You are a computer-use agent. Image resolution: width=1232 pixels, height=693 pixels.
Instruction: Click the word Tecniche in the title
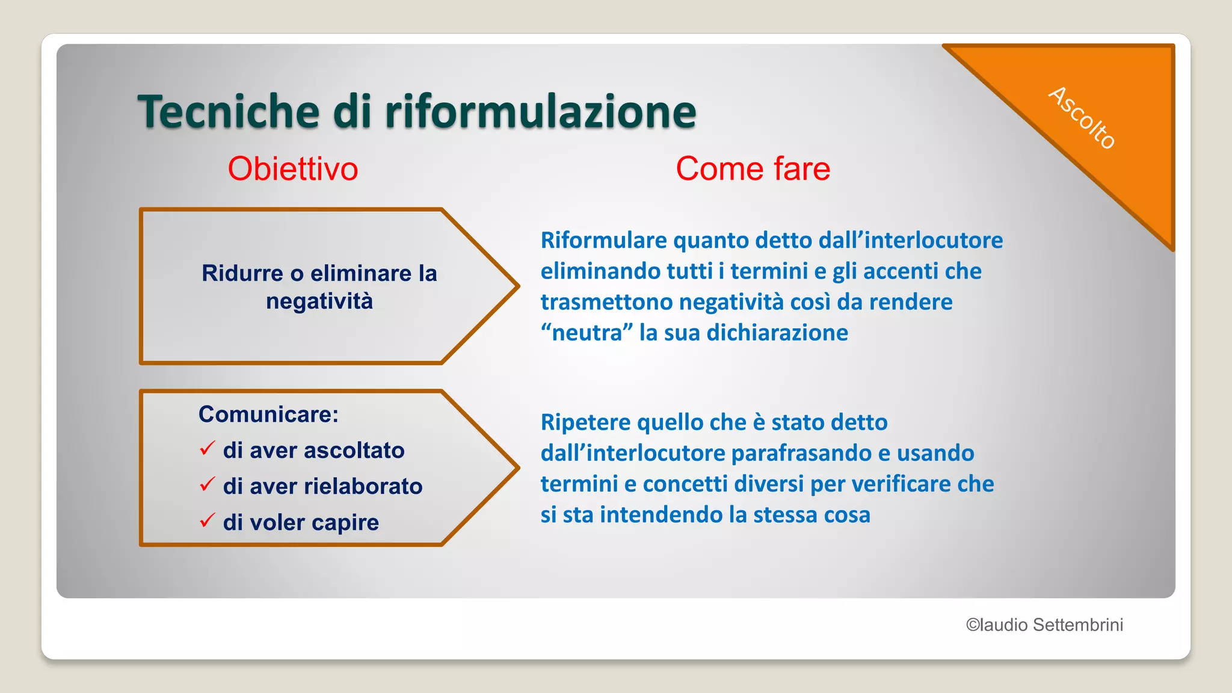coord(229,112)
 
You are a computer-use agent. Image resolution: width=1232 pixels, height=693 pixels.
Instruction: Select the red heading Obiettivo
coord(293,168)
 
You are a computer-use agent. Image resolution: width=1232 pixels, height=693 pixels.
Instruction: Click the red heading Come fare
coord(753,168)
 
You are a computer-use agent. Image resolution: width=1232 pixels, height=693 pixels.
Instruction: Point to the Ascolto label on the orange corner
coord(1082,118)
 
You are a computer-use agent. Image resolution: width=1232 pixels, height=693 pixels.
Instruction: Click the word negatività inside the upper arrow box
coord(319,301)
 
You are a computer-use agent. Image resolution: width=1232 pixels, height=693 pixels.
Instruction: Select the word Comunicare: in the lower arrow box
coord(268,414)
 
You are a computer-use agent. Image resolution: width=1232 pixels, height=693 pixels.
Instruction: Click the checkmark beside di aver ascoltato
coord(207,448)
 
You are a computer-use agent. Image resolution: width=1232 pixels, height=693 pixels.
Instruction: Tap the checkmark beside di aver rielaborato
coord(207,484)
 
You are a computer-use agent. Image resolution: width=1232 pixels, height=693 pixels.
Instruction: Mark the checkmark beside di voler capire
coord(207,520)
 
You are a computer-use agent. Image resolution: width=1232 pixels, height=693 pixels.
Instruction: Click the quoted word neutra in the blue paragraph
coord(587,333)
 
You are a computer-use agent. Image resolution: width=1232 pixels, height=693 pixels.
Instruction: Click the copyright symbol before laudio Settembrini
coord(972,625)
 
